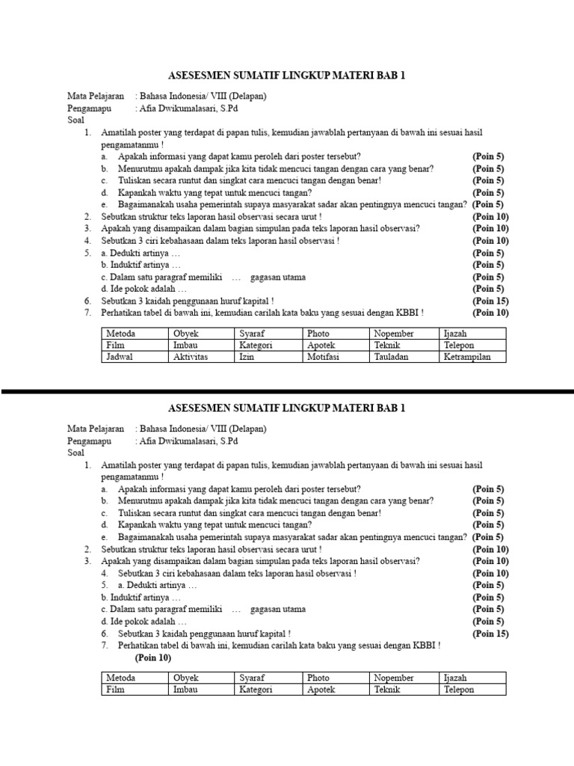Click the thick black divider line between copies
pyautogui.click(x=287, y=391)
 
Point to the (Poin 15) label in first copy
pyautogui.click(x=490, y=301)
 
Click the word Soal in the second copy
pyautogui.click(x=76, y=453)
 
